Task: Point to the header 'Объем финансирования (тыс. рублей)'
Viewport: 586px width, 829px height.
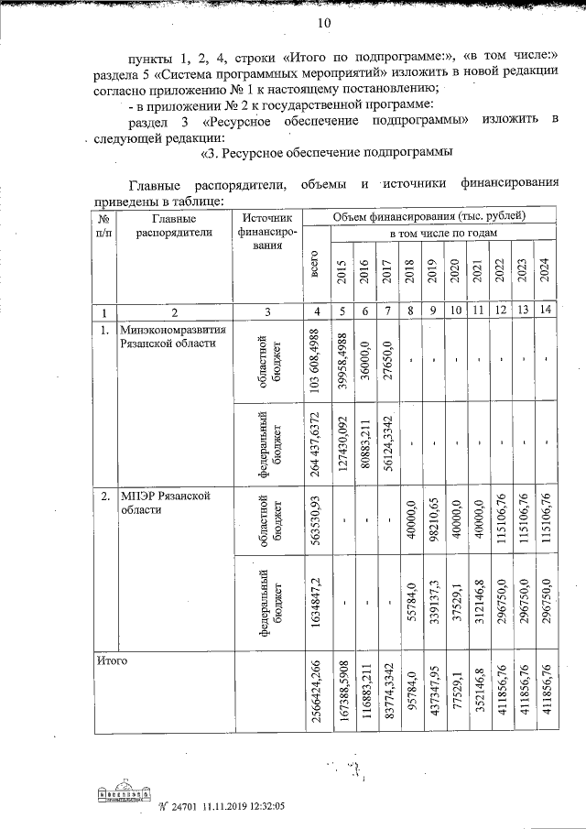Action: click(x=429, y=216)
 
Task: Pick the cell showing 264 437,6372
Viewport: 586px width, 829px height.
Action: click(x=316, y=442)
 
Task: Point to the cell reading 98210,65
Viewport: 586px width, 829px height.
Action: click(x=433, y=525)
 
